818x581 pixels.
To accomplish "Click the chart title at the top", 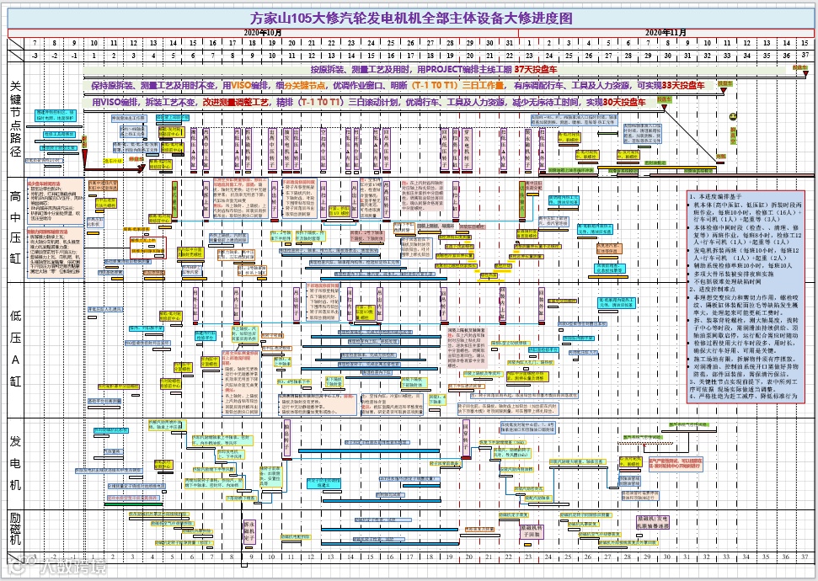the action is [412, 17].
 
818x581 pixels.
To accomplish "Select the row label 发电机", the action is [16, 461].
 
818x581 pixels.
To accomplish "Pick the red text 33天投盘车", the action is [682, 85].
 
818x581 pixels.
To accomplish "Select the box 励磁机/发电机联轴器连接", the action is [652, 521].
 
